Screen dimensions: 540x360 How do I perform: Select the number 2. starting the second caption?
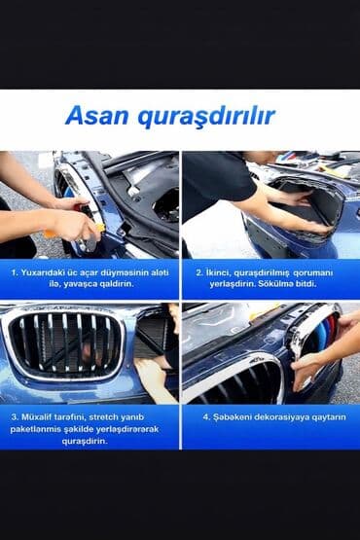(199, 272)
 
